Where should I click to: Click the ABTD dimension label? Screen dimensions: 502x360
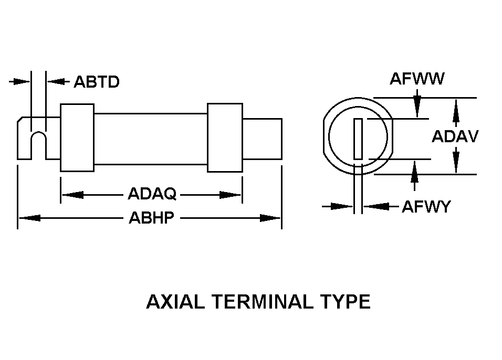point(97,82)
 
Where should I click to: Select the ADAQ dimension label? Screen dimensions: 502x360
point(152,194)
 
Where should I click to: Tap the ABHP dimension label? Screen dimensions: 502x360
point(151,218)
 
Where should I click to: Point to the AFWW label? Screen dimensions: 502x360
point(417,79)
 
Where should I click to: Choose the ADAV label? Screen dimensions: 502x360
point(455,136)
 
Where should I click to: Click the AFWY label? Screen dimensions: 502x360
point(426,206)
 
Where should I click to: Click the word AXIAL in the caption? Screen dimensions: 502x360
point(175,301)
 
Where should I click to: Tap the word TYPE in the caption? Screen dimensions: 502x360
point(345,301)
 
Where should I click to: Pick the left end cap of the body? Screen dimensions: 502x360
point(77,137)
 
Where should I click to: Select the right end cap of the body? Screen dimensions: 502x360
point(225,137)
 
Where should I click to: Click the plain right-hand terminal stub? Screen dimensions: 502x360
point(262,139)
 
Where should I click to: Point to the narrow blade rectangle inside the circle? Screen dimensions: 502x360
point(358,139)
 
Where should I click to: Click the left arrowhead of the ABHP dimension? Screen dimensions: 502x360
point(29,218)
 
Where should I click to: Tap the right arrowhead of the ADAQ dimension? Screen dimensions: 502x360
point(230,195)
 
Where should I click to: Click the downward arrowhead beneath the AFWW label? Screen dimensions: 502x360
point(417,107)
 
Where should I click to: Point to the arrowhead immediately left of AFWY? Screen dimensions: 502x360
point(376,206)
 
